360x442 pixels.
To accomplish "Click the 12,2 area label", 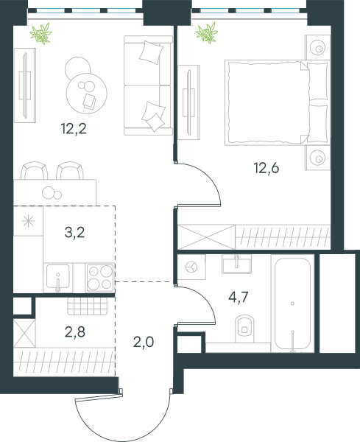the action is (x=74, y=129).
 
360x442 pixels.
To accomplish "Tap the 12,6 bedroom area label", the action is (x=267, y=168).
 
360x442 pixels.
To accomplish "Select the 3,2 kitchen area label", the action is (x=74, y=233).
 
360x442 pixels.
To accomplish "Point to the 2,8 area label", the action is (x=74, y=331).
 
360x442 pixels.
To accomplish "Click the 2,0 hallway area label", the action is (x=144, y=343).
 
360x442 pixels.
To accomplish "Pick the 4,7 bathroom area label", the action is (x=239, y=297).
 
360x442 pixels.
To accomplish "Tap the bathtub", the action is (x=293, y=304).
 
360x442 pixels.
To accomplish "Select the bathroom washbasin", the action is (x=236, y=264).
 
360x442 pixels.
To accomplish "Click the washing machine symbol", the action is (x=191, y=267).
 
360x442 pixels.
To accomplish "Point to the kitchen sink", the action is (x=57, y=276).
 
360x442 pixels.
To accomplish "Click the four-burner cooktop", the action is (x=100, y=278).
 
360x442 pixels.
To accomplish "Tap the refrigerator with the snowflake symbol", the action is (x=28, y=221).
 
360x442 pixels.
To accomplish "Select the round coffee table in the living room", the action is (x=86, y=94).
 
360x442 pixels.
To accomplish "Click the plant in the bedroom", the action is (x=207, y=33).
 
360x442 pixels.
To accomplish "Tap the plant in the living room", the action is (x=41, y=34).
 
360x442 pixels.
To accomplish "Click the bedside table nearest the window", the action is (x=317, y=47).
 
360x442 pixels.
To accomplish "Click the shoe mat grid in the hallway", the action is (x=88, y=306).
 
